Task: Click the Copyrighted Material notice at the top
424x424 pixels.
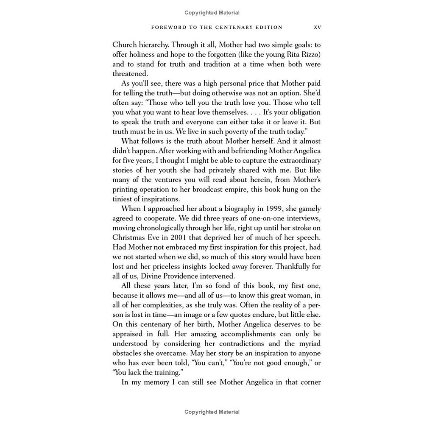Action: [212, 13]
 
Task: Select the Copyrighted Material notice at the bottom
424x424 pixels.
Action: [212, 412]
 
